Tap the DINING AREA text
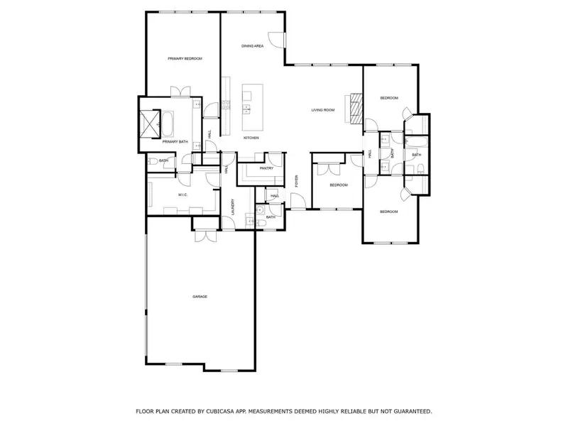point(253,46)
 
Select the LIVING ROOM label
point(323,110)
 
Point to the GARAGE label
point(200,296)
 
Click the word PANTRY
point(266,168)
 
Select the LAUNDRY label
point(233,206)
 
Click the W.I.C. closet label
point(182,195)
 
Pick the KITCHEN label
point(251,138)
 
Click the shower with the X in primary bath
point(151,124)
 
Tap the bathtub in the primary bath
point(169,125)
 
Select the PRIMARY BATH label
point(175,142)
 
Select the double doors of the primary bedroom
point(179,92)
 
